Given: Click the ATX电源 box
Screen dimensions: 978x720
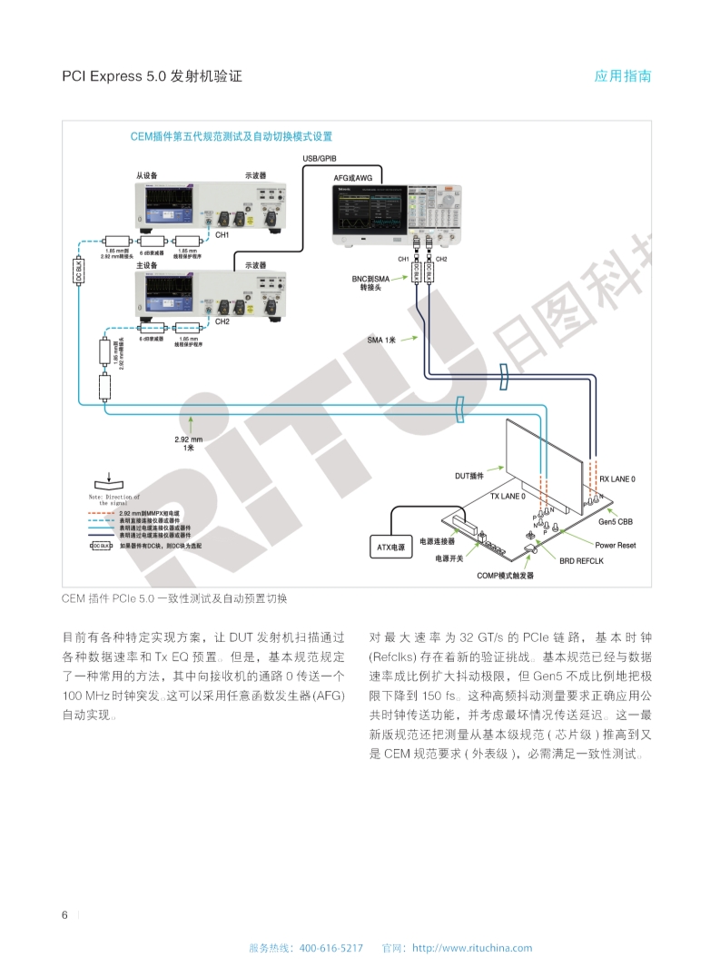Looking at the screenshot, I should (x=391, y=548).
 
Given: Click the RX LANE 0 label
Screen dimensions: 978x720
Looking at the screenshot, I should (x=616, y=479).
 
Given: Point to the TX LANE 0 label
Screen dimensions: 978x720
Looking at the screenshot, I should (x=508, y=497).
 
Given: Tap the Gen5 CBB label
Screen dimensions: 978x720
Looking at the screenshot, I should (x=616, y=522).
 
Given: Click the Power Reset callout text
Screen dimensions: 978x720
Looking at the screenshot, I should (x=615, y=545).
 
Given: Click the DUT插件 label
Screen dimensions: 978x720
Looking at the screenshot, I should (x=470, y=475).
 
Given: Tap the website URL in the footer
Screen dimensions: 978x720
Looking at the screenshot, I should (x=472, y=948).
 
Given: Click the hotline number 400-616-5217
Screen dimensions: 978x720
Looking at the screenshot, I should (x=330, y=948).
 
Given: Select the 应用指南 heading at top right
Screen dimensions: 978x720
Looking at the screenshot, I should (x=623, y=76).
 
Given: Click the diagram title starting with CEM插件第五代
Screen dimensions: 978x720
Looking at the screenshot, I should (x=232, y=137).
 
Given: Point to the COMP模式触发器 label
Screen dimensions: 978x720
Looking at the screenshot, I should (x=506, y=576).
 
